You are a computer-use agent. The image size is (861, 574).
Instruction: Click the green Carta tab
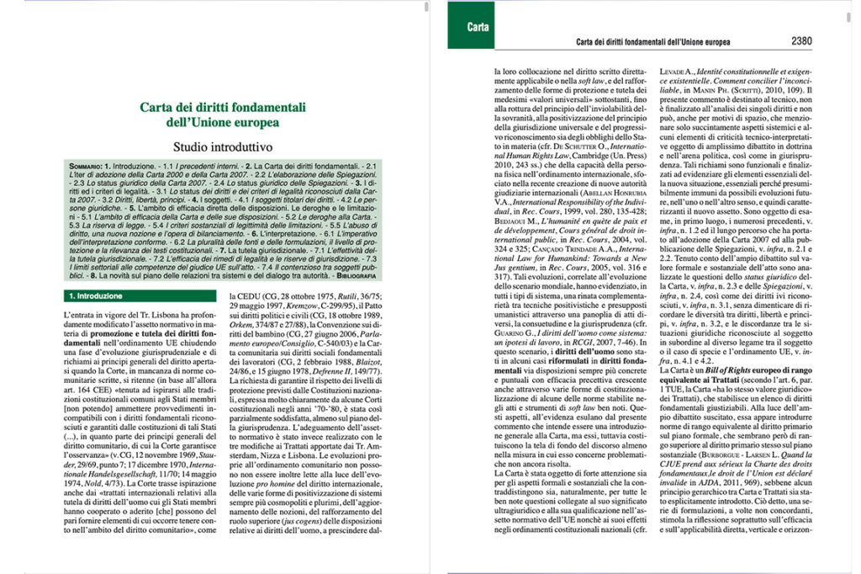pyautogui.click(x=478, y=27)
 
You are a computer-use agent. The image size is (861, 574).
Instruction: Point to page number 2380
pyautogui.click(x=801, y=40)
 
